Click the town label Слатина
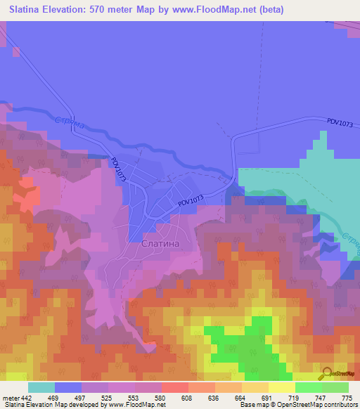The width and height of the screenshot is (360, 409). click(x=161, y=243)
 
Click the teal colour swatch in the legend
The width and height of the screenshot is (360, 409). click(x=41, y=387)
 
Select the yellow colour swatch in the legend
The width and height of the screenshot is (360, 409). click(x=281, y=387)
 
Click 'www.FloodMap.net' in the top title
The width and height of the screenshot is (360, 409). click(x=220, y=9)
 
